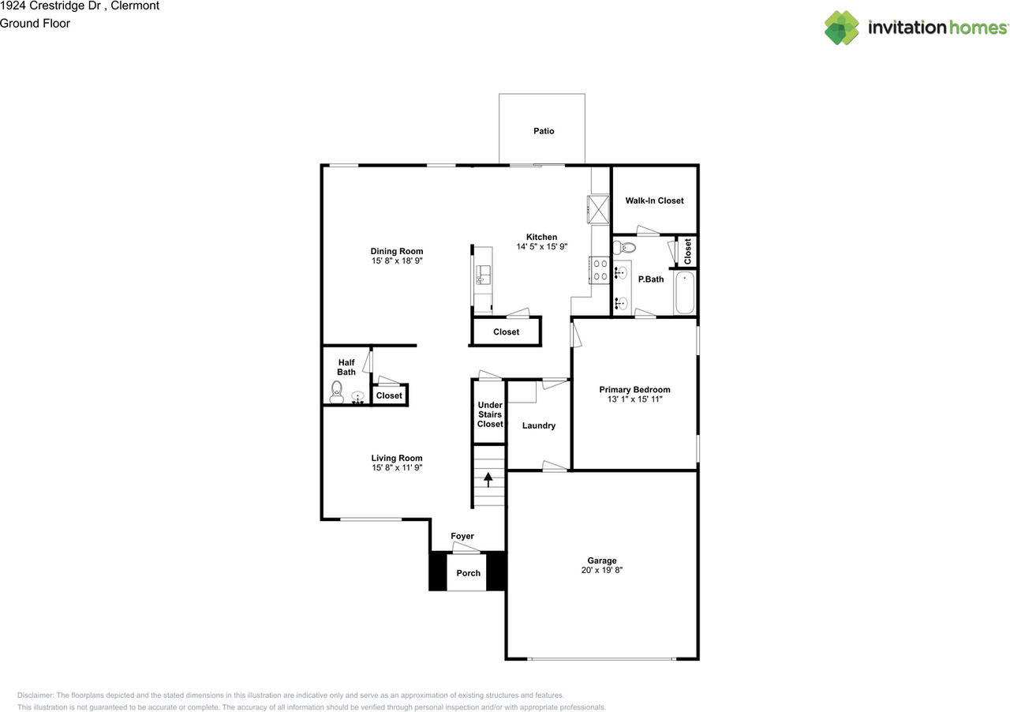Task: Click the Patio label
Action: point(544,131)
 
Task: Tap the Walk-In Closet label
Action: point(654,200)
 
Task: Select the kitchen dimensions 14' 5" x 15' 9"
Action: point(541,246)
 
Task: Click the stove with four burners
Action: point(599,270)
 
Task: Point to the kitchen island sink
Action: point(484,275)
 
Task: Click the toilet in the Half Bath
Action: point(336,392)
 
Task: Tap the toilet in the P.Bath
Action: point(624,247)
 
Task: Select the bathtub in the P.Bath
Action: point(684,292)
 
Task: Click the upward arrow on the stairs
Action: point(488,479)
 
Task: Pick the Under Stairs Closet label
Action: point(490,414)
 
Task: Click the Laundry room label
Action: point(538,425)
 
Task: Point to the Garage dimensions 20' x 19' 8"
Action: point(601,570)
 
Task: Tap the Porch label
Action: point(468,572)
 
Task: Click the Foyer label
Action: point(462,536)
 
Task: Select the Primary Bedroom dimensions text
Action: point(634,399)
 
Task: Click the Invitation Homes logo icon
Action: point(841,28)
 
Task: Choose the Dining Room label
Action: point(397,251)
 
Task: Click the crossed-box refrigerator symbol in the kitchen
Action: point(598,209)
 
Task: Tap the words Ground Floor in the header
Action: point(35,24)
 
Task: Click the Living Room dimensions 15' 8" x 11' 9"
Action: point(397,467)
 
